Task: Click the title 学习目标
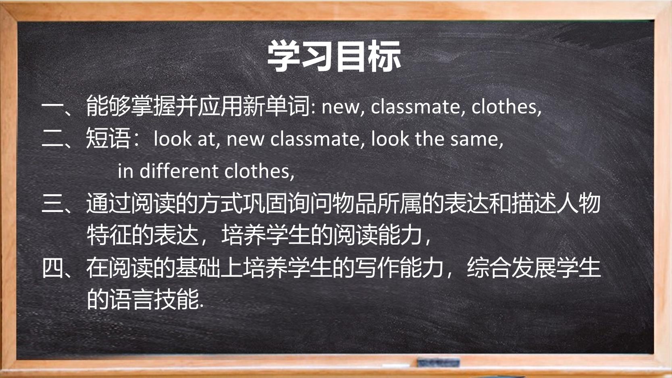(334, 56)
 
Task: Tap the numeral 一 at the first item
(53, 106)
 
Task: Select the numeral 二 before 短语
(53, 138)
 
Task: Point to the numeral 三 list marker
(53, 203)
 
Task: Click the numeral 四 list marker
(53, 268)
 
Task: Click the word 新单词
(276, 106)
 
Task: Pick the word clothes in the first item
(504, 106)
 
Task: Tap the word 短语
(108, 138)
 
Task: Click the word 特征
(108, 235)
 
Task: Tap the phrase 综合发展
(511, 268)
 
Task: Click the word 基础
(198, 268)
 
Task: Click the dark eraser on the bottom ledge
(438, 362)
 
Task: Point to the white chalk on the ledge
(396, 366)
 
